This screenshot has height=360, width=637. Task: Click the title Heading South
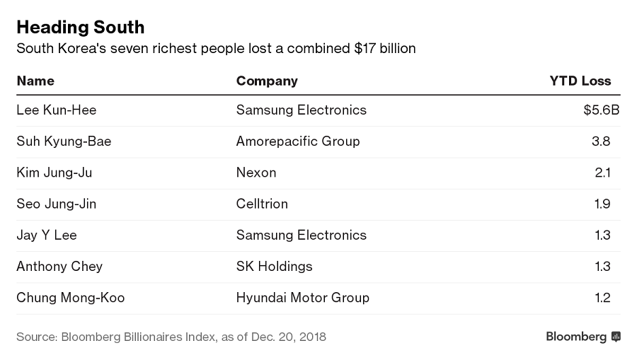click(80, 28)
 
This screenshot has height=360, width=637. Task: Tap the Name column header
click(35, 81)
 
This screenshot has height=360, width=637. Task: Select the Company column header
click(267, 81)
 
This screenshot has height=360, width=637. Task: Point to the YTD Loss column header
click(580, 81)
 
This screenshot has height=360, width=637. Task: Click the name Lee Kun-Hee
click(57, 110)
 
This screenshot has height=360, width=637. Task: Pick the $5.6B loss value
click(601, 110)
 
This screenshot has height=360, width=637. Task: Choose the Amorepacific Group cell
click(298, 141)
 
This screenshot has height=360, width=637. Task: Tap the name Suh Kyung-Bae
click(64, 141)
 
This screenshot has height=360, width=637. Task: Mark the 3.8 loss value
click(601, 141)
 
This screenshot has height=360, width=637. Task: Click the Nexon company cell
click(256, 173)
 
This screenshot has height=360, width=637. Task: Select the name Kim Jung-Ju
click(54, 173)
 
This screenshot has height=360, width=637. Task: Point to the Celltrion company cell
click(262, 204)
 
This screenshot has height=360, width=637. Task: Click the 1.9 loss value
click(602, 204)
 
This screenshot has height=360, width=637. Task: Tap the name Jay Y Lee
click(47, 235)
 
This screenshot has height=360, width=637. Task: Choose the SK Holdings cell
click(274, 267)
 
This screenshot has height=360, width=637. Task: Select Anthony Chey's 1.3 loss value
click(602, 267)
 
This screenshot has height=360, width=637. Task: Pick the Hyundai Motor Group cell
click(303, 298)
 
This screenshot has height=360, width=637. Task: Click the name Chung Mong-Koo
click(71, 298)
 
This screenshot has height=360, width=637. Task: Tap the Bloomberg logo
click(583, 337)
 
